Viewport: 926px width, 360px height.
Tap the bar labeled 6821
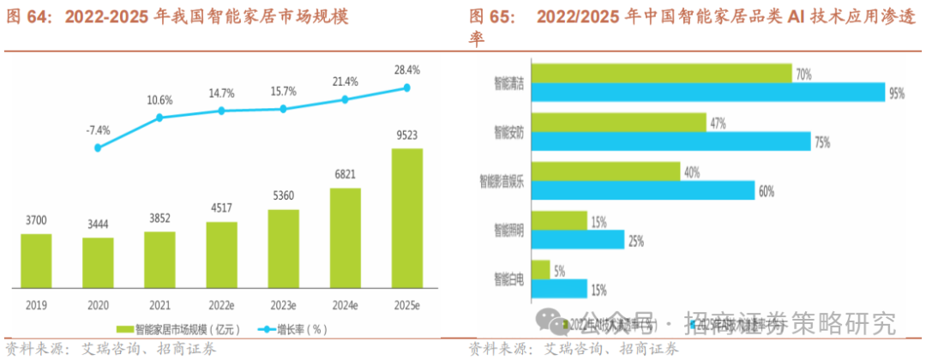pyautogui.click(x=346, y=238)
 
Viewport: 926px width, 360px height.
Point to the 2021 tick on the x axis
pyautogui.click(x=159, y=304)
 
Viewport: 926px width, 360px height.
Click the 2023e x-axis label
pyautogui.click(x=284, y=304)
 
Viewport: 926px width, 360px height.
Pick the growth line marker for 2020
pyautogui.click(x=98, y=147)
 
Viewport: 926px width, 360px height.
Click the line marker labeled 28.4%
pyautogui.click(x=407, y=87)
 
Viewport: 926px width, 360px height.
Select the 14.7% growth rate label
pyautogui.click(x=221, y=93)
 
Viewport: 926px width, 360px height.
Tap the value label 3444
pyautogui.click(x=98, y=225)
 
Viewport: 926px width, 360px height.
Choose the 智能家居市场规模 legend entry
pyautogui.click(x=181, y=327)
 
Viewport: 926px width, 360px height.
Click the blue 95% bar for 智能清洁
pyautogui.click(x=707, y=93)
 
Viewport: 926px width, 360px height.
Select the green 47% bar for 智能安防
pyautogui.click(x=618, y=123)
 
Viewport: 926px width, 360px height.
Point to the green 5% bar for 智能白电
pyautogui.click(x=540, y=270)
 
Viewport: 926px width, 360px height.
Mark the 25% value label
pyautogui.click(x=635, y=241)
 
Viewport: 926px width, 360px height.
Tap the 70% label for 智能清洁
pyautogui.click(x=803, y=75)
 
